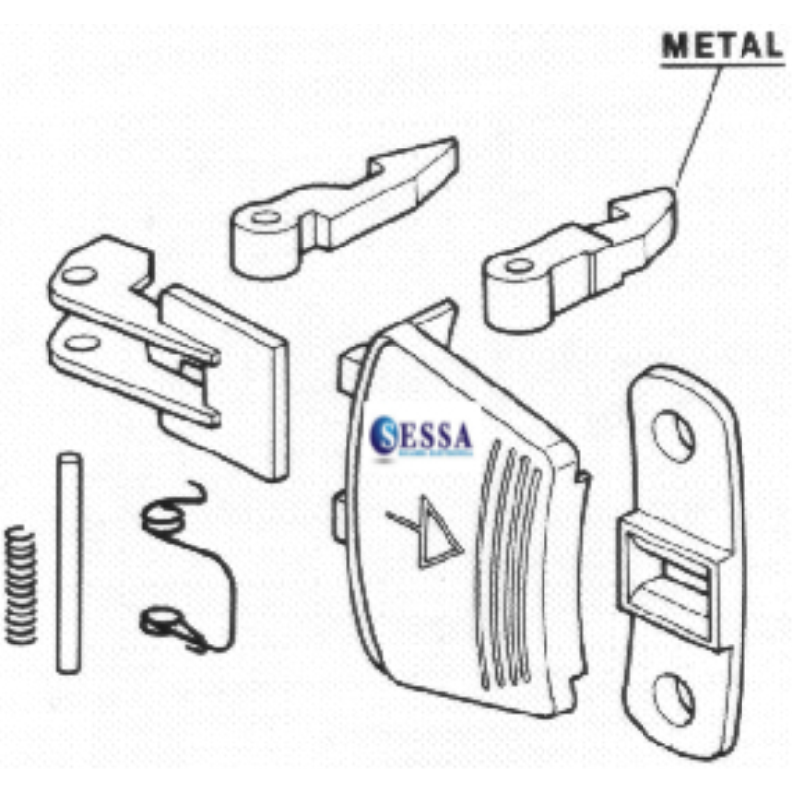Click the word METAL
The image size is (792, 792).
pyautogui.click(x=722, y=46)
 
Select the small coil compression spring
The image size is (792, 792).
pyautogui.click(x=19, y=584)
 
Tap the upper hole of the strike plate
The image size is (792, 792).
pyautogui.click(x=674, y=436)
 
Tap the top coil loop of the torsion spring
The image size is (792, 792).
pyautogui.click(x=162, y=514)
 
